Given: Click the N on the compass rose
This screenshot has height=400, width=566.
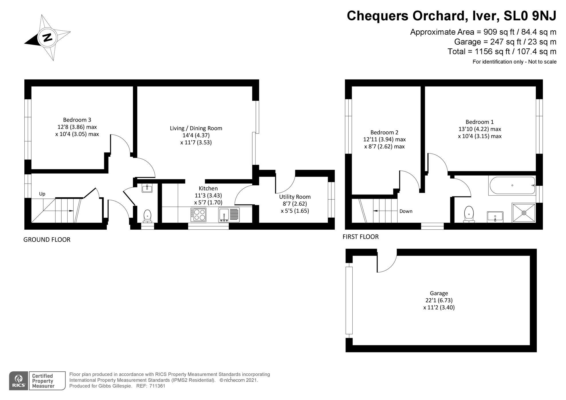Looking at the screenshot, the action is click(47, 37).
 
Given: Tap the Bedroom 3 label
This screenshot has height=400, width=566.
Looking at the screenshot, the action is click(77, 120).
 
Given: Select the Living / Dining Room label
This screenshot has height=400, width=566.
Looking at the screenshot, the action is click(196, 128).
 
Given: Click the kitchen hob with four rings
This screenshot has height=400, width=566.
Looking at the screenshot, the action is click(198, 214).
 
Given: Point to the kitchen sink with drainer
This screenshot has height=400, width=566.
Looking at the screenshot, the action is click(229, 215).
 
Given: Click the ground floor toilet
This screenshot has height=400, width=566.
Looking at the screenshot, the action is click(148, 216).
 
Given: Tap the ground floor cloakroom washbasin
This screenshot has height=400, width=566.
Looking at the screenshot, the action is click(147, 188).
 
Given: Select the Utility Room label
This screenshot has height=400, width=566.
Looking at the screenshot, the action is click(295, 197).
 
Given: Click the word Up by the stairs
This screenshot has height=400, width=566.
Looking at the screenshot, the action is click(42, 194).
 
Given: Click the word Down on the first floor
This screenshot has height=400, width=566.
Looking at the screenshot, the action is click(406, 211).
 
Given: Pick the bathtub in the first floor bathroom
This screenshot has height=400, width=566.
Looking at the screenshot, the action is click(512, 185).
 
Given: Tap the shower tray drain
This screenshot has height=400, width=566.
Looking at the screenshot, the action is click(524, 213).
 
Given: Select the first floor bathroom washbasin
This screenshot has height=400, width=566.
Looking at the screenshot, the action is click(495, 217).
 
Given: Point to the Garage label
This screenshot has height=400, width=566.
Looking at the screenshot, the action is click(439, 293).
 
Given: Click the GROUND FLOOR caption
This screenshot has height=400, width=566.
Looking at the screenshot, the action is click(47, 240).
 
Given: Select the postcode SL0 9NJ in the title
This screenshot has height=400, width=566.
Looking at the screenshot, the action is click(530, 16).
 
